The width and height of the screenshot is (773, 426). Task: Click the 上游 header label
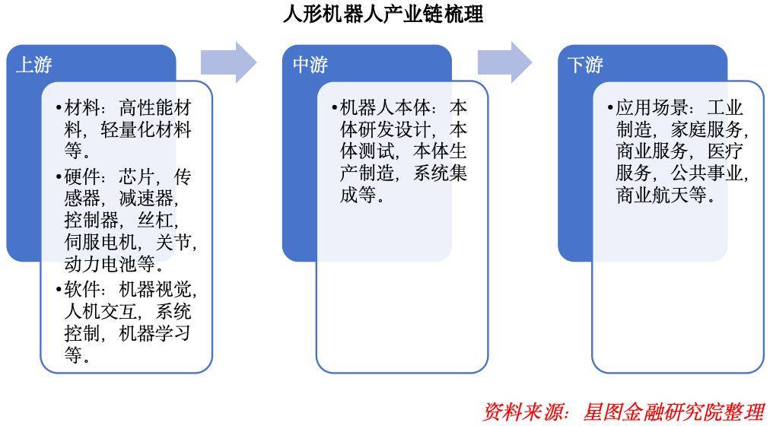34,65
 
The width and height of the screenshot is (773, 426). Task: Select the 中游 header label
310,65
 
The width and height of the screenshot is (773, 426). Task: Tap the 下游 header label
586,65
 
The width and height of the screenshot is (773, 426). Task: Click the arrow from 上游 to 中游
229,62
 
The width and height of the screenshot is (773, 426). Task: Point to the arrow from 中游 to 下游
505,62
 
